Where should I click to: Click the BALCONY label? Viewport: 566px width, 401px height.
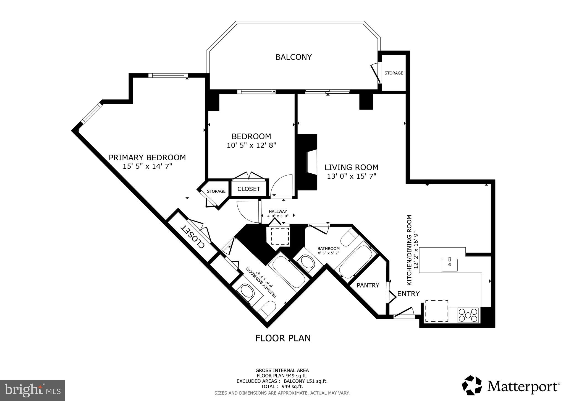coord(294,57)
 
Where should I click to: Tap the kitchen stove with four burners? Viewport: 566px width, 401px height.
coord(468,315)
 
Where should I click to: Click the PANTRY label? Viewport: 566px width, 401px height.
coord(368,285)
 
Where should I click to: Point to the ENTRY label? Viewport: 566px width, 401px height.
coord(408,294)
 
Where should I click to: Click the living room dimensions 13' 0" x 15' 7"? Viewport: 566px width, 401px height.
coord(352,176)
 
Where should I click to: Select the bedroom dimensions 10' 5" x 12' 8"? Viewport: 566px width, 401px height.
coord(251,145)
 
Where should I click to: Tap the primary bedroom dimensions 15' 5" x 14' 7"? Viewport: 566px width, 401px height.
coord(147,166)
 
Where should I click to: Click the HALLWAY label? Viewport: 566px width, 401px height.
coord(278,212)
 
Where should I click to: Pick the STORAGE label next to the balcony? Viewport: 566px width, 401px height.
coord(394,73)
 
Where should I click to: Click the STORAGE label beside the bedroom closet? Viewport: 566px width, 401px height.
coord(216,191)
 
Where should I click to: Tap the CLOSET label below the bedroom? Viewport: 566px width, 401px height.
coord(249,189)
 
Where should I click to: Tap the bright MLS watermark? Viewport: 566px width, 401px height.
coord(33,390)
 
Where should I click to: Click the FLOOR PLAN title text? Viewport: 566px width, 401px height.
coord(283,338)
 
